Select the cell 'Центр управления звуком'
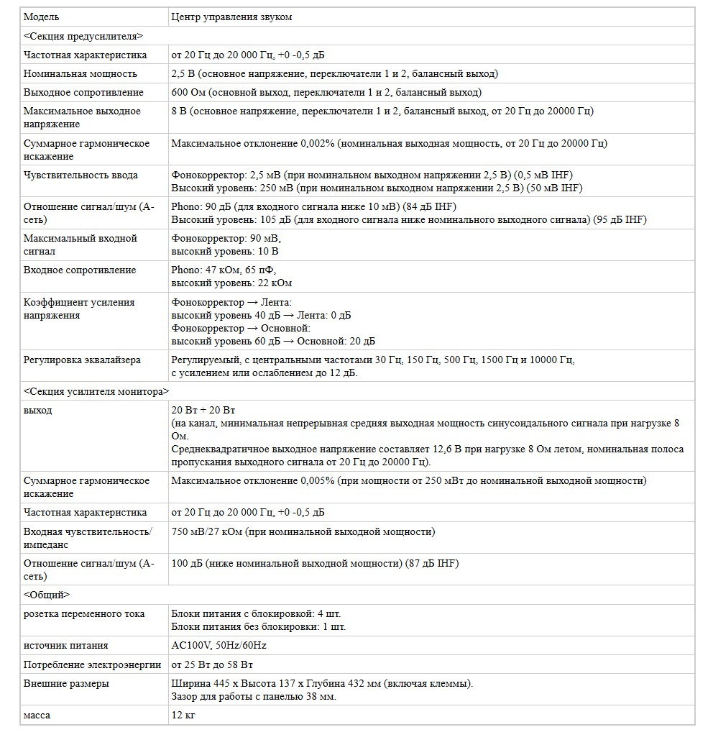point(231,17)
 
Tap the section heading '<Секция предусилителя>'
point(83,36)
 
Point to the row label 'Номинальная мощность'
point(80,73)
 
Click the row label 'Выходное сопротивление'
point(83,92)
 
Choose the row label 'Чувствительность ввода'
point(80,175)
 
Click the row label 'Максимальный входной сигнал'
point(80,244)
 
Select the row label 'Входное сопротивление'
point(80,270)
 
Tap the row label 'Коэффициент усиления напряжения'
point(79,308)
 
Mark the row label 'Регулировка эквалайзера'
point(82,360)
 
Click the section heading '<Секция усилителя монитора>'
point(96,391)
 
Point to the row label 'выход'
point(37,410)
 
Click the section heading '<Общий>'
point(46,595)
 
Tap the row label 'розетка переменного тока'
point(84,613)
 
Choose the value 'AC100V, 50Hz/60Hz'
point(218,645)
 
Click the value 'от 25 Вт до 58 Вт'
point(212,664)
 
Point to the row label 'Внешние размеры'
point(66,682)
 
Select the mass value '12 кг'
point(183,715)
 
